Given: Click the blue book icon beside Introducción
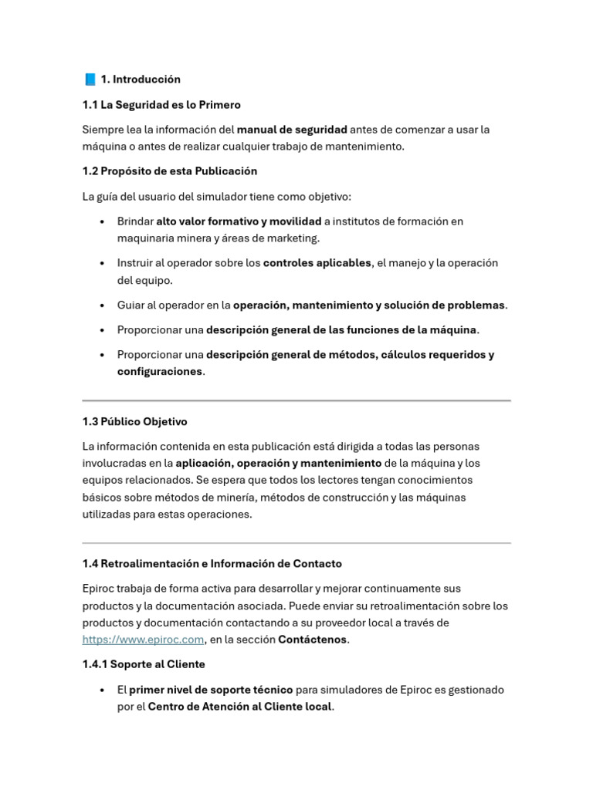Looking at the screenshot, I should click(x=90, y=79).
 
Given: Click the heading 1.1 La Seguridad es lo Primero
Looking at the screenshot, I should click(x=161, y=105).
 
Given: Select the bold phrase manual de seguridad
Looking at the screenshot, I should click(x=292, y=130).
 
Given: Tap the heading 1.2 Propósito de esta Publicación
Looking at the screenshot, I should click(x=170, y=171).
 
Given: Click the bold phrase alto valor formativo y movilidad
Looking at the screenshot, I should click(x=239, y=221).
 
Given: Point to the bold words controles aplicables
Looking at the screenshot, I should click(x=317, y=263).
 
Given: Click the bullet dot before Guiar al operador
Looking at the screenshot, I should click(x=103, y=306).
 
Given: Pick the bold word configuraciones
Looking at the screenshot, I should click(x=160, y=372).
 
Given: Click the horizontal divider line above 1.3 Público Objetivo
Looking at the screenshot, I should click(x=296, y=400).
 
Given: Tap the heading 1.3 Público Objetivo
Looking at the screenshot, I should click(x=134, y=422).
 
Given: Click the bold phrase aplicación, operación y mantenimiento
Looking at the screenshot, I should click(x=278, y=464).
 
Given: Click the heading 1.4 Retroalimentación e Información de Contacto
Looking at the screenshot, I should click(x=212, y=564).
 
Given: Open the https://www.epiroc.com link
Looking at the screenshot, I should click(x=143, y=640).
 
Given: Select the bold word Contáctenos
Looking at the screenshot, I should click(x=313, y=640).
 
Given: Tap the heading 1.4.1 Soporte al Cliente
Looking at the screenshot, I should click(x=144, y=664).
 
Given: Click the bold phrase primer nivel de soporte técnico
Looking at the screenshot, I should click(x=211, y=690).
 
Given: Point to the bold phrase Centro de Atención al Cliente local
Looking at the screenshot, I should click(x=240, y=707).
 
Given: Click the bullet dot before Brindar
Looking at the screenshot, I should click(x=103, y=222).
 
